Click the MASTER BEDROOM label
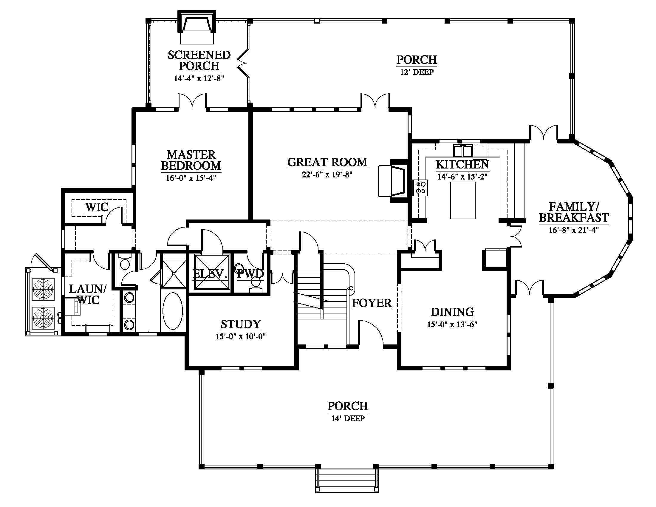click(x=191, y=160)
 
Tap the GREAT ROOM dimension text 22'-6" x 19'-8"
click(x=327, y=175)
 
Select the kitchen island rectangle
click(x=462, y=200)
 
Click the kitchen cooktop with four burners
click(x=420, y=187)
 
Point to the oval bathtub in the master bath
click(x=172, y=311)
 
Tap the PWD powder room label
click(x=250, y=273)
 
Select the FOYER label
click(x=372, y=303)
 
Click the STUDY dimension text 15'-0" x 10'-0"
click(x=241, y=336)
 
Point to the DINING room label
click(x=452, y=312)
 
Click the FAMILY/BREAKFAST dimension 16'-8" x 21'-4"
click(x=574, y=230)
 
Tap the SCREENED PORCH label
click(x=199, y=60)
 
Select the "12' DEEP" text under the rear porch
click(x=417, y=72)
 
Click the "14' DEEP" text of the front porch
click(x=348, y=418)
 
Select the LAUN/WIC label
click(x=87, y=295)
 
